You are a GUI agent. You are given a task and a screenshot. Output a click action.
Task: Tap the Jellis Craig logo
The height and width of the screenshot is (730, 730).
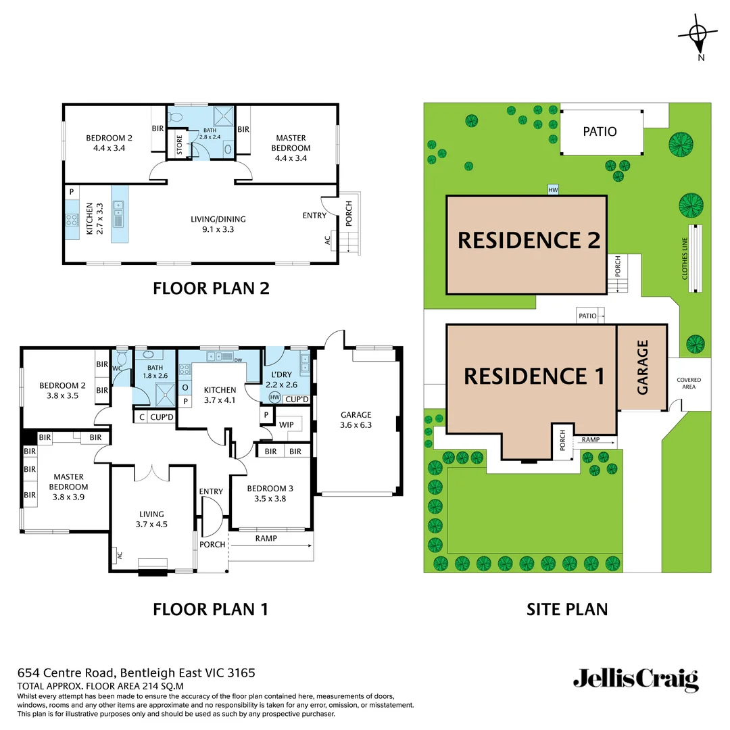pos(635,679)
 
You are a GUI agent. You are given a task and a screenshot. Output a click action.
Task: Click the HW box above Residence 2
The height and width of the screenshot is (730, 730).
pos(554,191)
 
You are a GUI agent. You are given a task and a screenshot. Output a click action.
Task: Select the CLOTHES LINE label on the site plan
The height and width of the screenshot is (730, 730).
pos(684,258)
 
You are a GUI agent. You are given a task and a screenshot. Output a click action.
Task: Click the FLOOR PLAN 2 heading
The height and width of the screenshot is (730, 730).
pos(211,289)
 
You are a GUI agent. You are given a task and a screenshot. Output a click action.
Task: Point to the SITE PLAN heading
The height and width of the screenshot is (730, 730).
pos(566,609)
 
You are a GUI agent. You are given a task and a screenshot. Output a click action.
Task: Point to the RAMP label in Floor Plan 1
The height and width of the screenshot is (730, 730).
pos(266,539)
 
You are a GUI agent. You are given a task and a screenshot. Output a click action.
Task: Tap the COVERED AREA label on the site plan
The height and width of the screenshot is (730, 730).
pos(689,384)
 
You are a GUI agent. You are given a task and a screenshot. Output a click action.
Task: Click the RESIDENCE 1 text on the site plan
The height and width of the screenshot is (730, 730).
pos(534,376)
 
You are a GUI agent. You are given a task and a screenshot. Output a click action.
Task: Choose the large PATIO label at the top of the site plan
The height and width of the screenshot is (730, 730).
pos(600,131)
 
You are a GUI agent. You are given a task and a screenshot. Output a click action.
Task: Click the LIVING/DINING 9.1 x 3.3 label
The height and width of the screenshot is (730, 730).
pos(218,224)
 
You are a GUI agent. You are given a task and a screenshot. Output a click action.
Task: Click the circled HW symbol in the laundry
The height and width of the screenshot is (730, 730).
pos(274,397)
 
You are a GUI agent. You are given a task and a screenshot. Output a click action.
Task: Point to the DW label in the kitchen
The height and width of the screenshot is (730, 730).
pos(238,360)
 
